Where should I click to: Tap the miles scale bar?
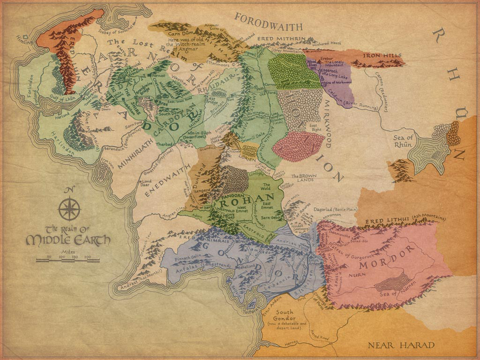pyautogui.click(x=67, y=260)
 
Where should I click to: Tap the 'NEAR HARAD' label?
pyautogui.click(x=401, y=345)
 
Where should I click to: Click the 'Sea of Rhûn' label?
pyautogui.click(x=403, y=141)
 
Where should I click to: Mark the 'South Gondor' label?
pyautogui.click(x=285, y=315)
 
